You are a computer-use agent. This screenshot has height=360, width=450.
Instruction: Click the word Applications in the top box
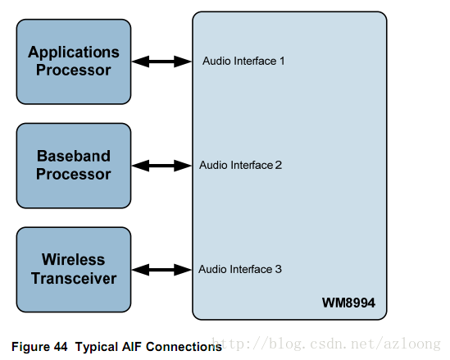(74, 52)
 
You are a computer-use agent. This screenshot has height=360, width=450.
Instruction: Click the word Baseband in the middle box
(74, 156)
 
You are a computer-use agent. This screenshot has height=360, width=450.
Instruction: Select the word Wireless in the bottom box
(73, 259)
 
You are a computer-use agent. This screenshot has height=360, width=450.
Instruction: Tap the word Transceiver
(74, 278)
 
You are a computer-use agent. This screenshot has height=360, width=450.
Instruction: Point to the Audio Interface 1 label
(243, 61)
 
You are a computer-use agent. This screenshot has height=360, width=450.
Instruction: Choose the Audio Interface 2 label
(240, 165)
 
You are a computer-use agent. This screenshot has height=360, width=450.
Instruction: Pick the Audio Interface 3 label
(240, 269)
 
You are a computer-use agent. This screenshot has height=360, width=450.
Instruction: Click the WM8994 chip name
(348, 303)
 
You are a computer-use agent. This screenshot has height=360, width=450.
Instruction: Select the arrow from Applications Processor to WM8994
(161, 62)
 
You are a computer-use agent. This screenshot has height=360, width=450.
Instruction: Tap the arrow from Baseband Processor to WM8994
(161, 166)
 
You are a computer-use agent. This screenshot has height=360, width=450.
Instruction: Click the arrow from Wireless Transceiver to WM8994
(161, 270)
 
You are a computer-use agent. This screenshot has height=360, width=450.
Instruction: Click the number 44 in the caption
(60, 347)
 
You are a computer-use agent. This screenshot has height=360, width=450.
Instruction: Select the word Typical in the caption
(97, 347)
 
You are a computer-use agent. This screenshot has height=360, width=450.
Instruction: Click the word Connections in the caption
(184, 347)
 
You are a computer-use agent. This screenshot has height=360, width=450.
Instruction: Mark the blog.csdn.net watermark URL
(325, 344)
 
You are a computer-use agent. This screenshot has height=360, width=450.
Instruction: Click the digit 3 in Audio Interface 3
(279, 269)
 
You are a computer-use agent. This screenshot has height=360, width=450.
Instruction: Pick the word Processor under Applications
(74, 71)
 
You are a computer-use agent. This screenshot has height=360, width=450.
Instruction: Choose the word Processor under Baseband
(74, 174)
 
